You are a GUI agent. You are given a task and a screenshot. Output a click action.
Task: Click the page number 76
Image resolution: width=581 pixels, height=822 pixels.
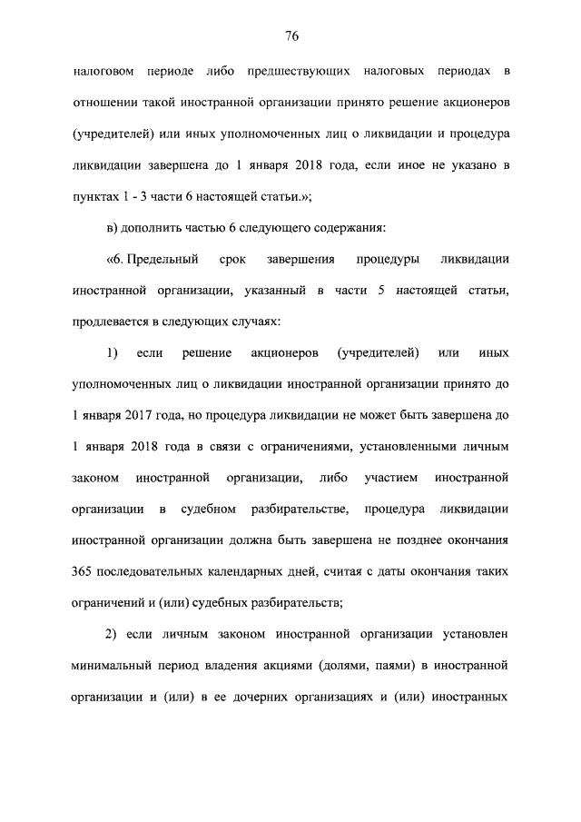pos(290,36)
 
